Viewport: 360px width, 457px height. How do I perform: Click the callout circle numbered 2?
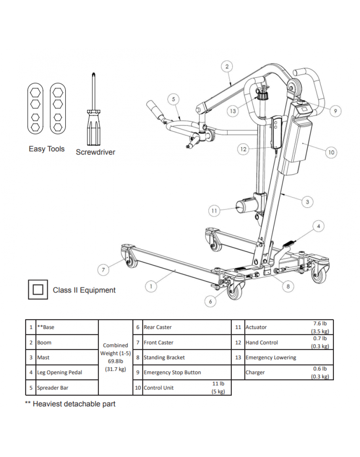click(227, 66)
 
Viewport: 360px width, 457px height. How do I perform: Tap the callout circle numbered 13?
click(233, 111)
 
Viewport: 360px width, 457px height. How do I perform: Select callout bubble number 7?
click(103, 270)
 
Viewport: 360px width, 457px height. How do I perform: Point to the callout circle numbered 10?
click(332, 152)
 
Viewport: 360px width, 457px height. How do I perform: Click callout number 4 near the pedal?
click(318, 226)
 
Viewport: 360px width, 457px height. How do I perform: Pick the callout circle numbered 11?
click(214, 211)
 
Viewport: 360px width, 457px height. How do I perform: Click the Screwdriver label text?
click(95, 152)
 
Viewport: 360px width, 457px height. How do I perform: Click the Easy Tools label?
click(47, 149)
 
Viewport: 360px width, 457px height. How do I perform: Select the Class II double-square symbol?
click(38, 290)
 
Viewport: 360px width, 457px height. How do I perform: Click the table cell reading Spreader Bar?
click(52, 388)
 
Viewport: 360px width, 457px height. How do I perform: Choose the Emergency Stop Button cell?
click(172, 372)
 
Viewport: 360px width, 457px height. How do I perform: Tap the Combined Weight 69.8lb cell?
click(116, 357)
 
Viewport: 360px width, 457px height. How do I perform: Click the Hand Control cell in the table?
click(261, 343)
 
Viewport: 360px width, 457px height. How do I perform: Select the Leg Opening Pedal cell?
click(60, 372)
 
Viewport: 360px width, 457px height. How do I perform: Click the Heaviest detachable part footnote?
click(70, 404)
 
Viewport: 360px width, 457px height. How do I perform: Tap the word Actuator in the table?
click(256, 327)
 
